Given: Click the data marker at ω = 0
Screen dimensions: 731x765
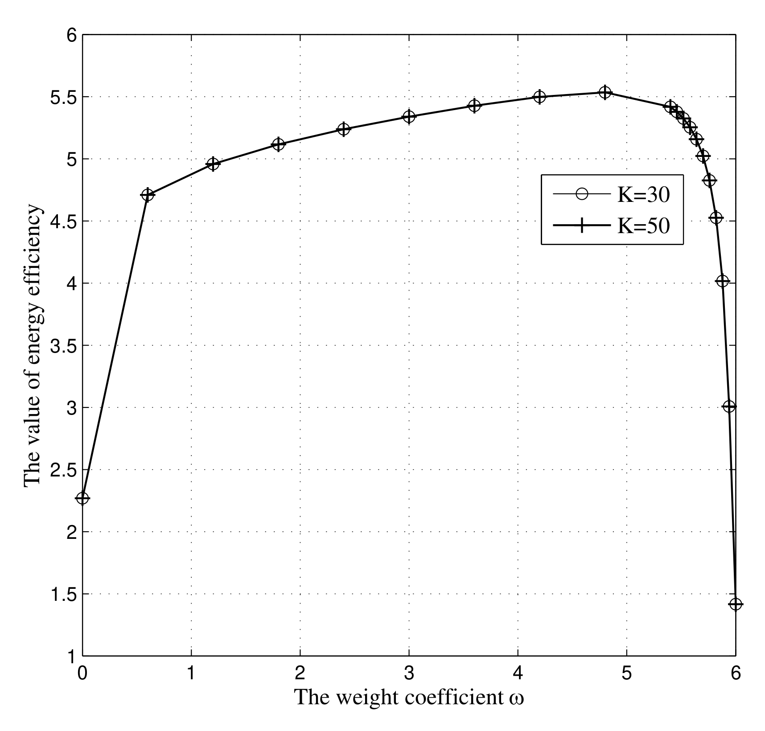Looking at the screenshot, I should tap(82, 498).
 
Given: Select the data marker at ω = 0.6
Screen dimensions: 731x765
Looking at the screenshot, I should tap(148, 195).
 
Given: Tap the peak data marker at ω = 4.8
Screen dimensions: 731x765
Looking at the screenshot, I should tap(605, 92).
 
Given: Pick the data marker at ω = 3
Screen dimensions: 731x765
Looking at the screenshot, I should tap(409, 117).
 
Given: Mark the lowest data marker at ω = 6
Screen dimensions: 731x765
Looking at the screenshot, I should tap(735, 604).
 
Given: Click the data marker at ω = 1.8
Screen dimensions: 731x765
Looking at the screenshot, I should tap(278, 144).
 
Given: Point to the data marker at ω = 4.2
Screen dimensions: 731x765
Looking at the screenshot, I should tap(539, 97).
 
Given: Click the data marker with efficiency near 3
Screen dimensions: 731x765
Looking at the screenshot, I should tap(729, 407).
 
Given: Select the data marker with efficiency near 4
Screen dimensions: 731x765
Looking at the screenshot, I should tap(722, 281).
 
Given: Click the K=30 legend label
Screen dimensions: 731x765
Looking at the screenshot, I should tap(643, 195).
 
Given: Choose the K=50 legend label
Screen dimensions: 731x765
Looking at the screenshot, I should tap(643, 226).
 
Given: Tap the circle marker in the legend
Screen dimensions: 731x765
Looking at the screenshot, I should tap(581, 194).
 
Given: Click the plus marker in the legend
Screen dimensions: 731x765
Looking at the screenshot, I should tap(581, 226).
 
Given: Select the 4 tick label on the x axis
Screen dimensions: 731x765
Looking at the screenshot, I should tap(518, 673).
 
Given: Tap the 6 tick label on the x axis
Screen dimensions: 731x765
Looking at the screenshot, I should tap(736, 673).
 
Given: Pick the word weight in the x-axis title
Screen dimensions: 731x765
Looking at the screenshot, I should tap(369, 698).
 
